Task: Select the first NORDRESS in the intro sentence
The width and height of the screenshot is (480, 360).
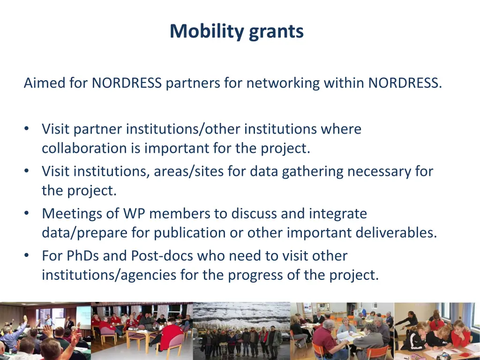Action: click(x=127, y=83)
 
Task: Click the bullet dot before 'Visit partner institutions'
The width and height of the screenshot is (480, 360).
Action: click(x=27, y=129)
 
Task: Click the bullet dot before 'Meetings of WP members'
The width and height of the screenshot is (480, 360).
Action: click(x=27, y=214)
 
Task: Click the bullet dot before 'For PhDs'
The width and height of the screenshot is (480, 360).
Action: click(x=27, y=256)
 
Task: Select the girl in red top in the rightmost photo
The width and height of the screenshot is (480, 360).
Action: click(x=459, y=335)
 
